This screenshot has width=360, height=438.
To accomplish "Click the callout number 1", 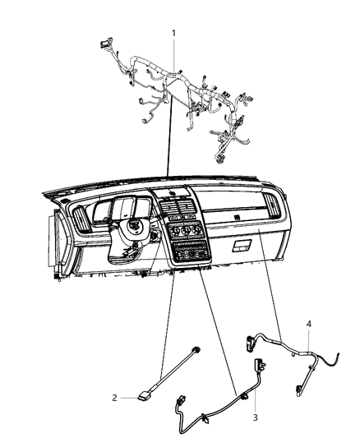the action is pyautogui.click(x=173, y=34).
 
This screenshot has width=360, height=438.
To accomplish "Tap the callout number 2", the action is pyautogui.click(x=114, y=398).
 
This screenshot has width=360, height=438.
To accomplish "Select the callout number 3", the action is pyautogui.click(x=255, y=417).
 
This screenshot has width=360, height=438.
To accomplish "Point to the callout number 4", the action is pyautogui.click(x=308, y=324).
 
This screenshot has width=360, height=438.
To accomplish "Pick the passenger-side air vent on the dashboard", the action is pyautogui.click(x=272, y=206).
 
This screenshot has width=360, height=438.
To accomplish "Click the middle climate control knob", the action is pyautogui.click(x=184, y=230).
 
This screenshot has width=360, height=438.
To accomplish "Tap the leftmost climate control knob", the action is pyautogui.click(x=173, y=232).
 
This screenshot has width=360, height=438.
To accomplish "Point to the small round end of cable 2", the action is pyautogui.click(x=196, y=349).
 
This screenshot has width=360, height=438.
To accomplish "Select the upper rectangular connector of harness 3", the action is pyautogui.click(x=259, y=365).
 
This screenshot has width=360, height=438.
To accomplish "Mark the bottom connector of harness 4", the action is pyautogui.click(x=299, y=390).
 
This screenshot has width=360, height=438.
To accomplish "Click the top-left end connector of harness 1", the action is pyautogui.click(x=106, y=43).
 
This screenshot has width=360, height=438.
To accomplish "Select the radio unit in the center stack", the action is pyautogui.click(x=191, y=251).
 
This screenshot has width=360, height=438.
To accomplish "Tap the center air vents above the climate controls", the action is pyautogui.click(x=178, y=207).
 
